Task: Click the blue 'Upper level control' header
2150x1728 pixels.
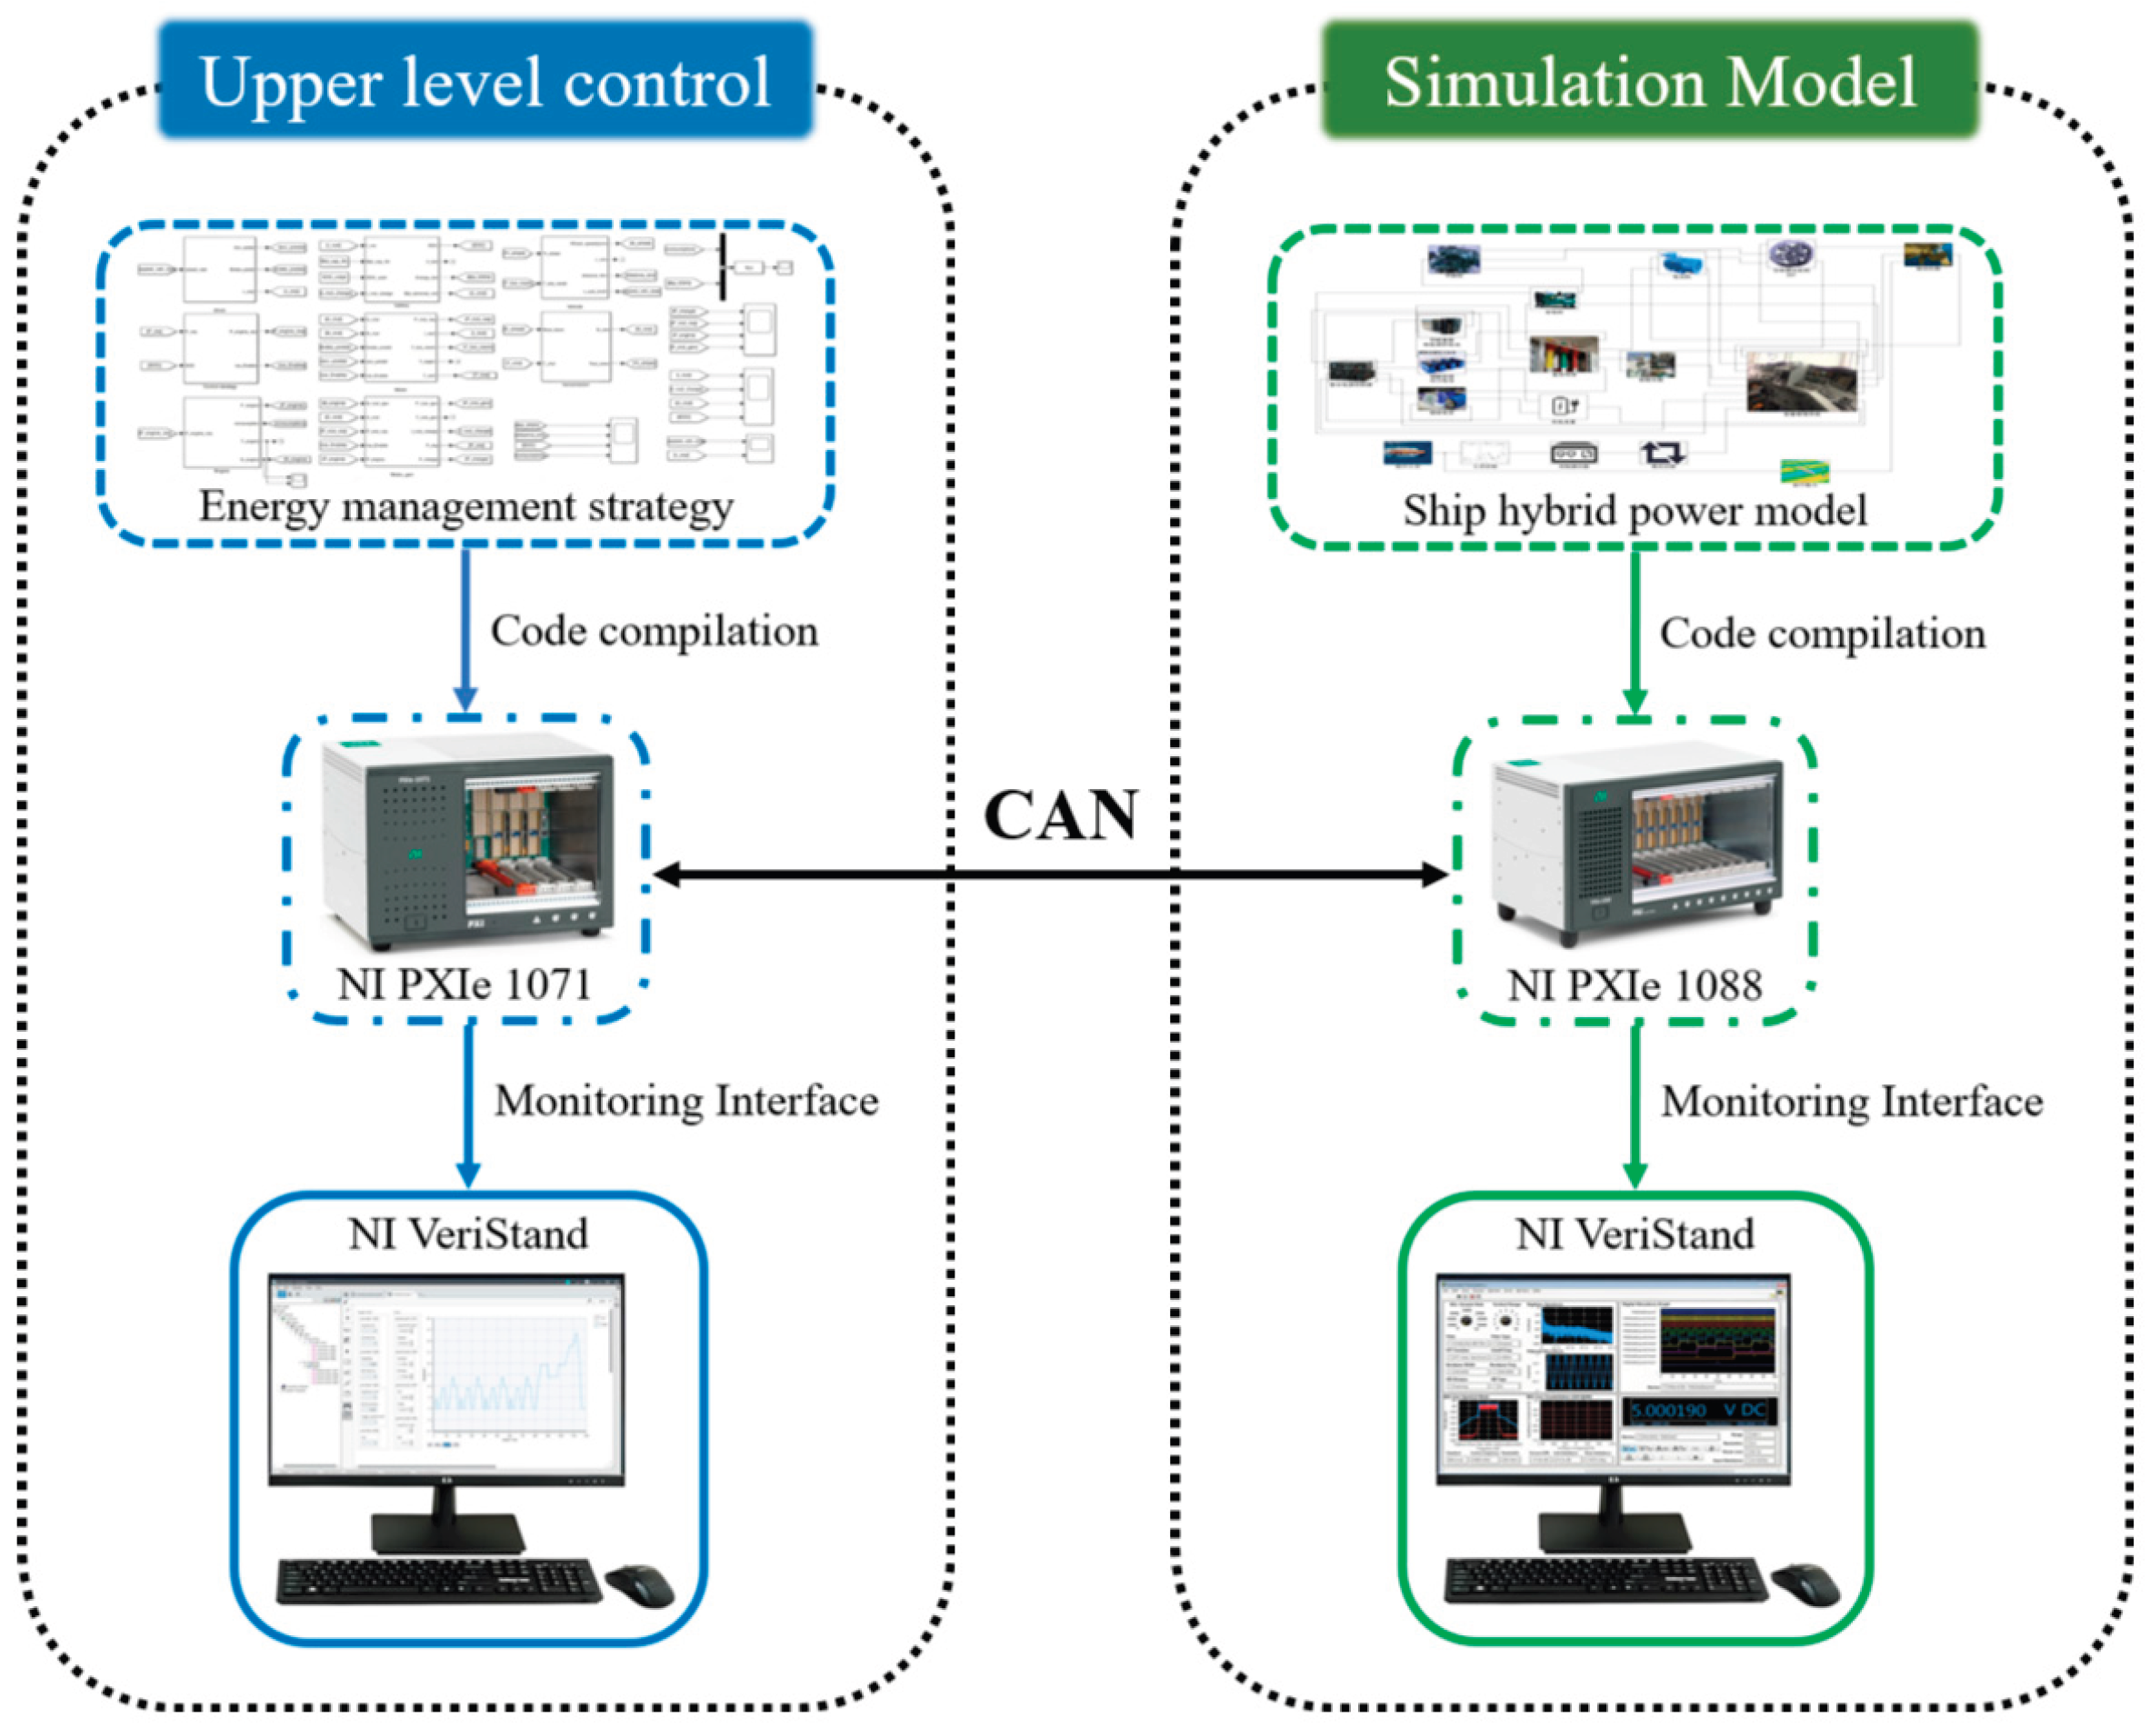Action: (x=485, y=81)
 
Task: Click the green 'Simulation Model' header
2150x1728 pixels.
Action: (x=1649, y=81)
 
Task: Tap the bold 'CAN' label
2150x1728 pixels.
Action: (x=1060, y=815)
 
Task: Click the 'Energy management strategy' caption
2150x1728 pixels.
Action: (x=465, y=506)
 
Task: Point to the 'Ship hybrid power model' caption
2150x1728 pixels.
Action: (x=1635, y=511)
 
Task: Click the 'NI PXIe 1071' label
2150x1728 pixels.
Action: (x=465, y=984)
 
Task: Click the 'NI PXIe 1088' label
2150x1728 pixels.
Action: (x=1635, y=985)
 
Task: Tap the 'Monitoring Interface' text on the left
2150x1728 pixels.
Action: (x=686, y=1101)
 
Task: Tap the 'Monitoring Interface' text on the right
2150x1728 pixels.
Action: (x=1852, y=1102)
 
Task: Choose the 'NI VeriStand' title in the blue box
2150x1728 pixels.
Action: (x=467, y=1234)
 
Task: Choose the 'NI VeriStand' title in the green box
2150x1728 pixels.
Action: (x=1635, y=1234)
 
